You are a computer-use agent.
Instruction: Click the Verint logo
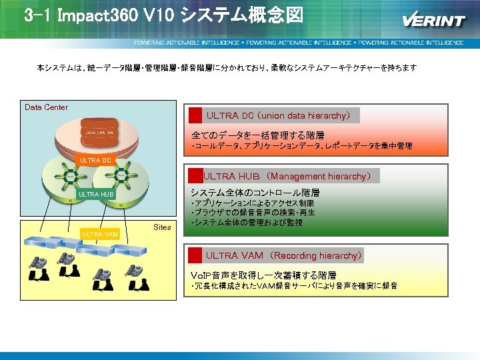433,19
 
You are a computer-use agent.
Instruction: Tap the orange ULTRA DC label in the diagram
95,160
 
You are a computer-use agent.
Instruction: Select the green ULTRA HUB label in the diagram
97,195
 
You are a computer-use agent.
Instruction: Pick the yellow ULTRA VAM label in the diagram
99,234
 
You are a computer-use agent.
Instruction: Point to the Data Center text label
46,107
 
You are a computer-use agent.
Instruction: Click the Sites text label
162,227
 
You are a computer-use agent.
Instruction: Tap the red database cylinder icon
100,132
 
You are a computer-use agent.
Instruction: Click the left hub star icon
69,177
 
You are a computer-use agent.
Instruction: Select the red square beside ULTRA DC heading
195,115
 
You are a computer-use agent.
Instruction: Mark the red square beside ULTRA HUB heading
195,176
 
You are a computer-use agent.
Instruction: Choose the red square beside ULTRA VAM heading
195,255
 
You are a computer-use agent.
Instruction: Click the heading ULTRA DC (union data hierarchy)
278,115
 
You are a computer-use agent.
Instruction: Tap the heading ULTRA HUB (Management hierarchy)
287,176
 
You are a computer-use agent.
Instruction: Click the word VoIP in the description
201,275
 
